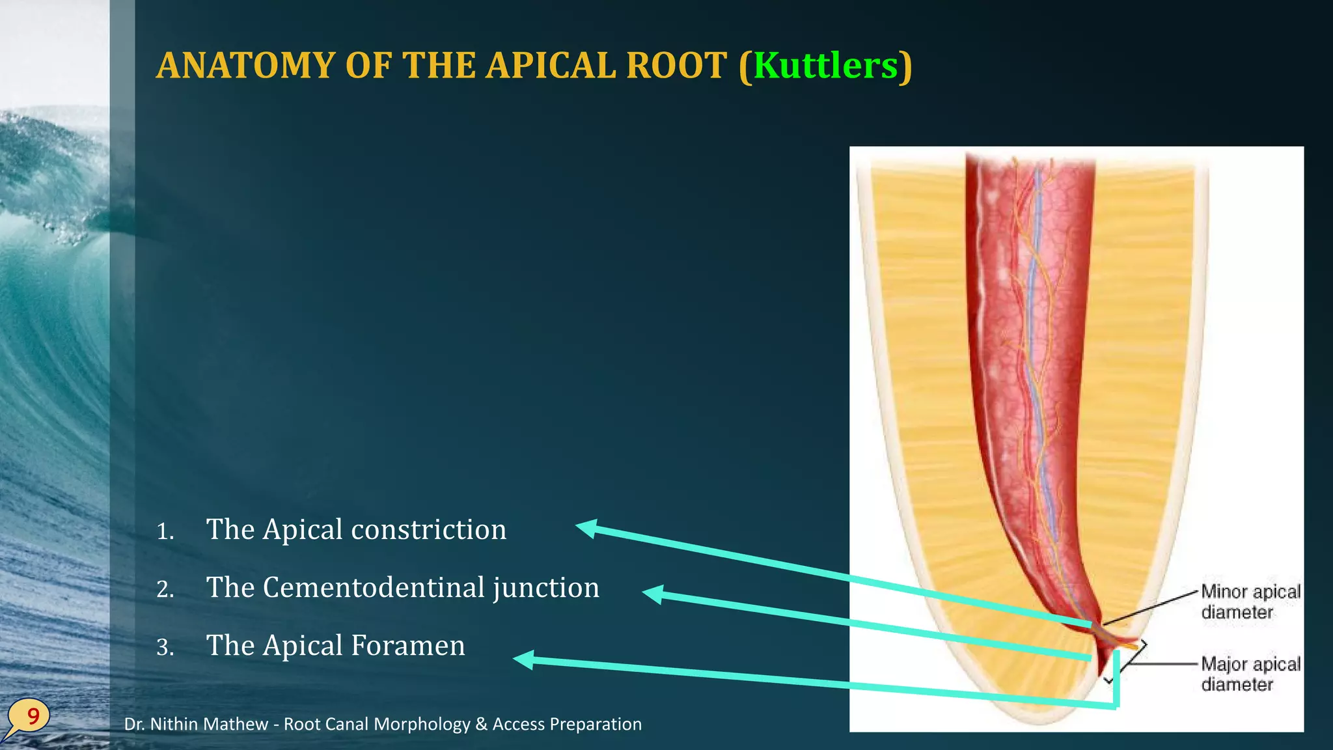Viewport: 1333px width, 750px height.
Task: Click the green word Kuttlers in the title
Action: (825, 66)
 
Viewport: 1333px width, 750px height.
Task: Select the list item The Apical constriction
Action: (356, 529)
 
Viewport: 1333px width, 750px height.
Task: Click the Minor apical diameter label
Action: (1250, 602)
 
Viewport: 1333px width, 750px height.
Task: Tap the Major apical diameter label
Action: (1250, 674)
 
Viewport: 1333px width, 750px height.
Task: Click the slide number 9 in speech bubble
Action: (32, 716)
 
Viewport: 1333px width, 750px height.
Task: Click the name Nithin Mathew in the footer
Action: (209, 724)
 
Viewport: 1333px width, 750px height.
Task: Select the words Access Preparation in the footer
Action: (567, 724)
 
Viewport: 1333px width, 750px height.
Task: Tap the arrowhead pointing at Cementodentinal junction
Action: (653, 594)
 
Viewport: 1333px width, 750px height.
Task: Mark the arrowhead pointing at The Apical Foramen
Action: (525, 660)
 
